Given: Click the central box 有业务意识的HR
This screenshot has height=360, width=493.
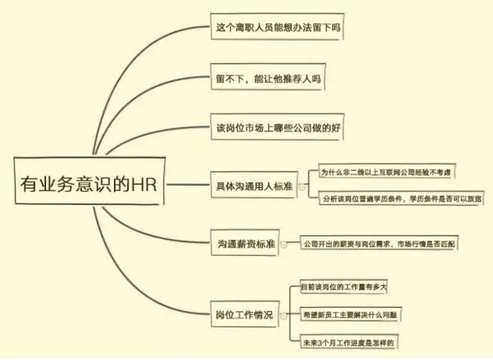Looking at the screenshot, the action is pyautogui.click(x=90, y=181).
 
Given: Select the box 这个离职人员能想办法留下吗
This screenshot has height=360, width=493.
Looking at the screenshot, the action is pyautogui.click(x=277, y=26).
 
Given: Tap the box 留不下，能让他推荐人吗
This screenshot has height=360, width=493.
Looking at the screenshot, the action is pyautogui.click(x=268, y=77).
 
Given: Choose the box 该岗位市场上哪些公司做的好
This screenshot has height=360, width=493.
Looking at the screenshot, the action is pyautogui.click(x=277, y=127).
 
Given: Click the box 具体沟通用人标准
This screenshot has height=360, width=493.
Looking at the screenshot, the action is pyautogui.click(x=254, y=185).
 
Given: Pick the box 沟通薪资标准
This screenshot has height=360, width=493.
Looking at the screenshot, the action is pyautogui.click(x=245, y=242).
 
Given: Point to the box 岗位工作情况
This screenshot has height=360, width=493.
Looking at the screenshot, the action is pyautogui.click(x=245, y=314).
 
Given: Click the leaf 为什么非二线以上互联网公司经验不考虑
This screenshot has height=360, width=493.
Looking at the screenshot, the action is pyautogui.click(x=387, y=171).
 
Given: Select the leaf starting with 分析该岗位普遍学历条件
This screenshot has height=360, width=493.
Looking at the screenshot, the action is pyautogui.click(x=402, y=198).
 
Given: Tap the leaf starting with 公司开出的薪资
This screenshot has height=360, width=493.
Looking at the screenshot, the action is pyautogui.click(x=379, y=243).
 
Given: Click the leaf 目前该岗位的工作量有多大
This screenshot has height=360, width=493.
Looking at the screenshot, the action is pyautogui.click(x=344, y=287).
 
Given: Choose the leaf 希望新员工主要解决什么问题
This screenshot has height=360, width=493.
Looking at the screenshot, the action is pyautogui.click(x=350, y=315).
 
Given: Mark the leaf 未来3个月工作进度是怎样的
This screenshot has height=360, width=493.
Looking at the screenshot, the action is pyautogui.click(x=349, y=342).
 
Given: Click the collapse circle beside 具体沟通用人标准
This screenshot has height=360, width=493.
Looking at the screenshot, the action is pyautogui.click(x=302, y=187).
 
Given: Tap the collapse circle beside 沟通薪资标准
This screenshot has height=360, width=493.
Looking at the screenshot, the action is pyautogui.click(x=284, y=245).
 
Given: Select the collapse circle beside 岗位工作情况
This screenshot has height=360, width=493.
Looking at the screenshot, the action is pyautogui.click(x=283, y=315).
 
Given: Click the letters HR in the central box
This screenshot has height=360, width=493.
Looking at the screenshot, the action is pyautogui.click(x=143, y=184).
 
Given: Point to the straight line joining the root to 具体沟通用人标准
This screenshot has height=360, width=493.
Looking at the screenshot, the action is pyautogui.click(x=188, y=185).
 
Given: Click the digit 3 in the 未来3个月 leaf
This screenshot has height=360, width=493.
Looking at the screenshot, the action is pyautogui.click(x=320, y=343).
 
